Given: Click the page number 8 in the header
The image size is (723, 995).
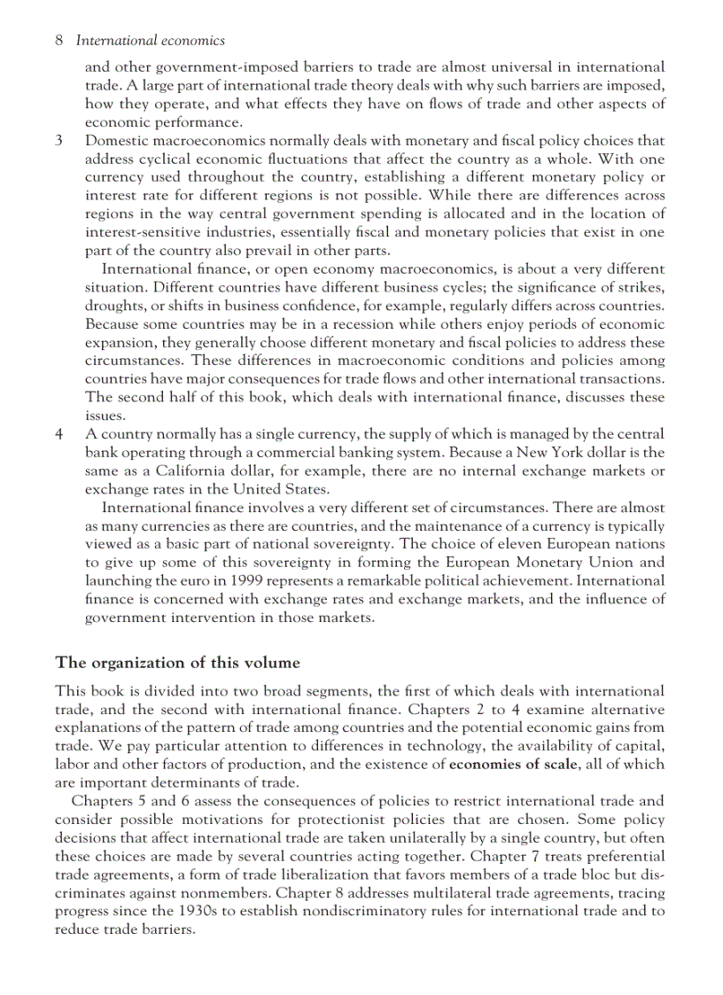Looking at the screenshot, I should tap(58, 41).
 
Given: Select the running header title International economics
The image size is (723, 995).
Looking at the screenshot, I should tap(151, 41).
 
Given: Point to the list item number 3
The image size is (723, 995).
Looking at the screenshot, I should tap(59, 141).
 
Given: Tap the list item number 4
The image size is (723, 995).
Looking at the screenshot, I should tap(59, 434).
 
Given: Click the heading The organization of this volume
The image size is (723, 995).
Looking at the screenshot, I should tap(177, 663).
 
